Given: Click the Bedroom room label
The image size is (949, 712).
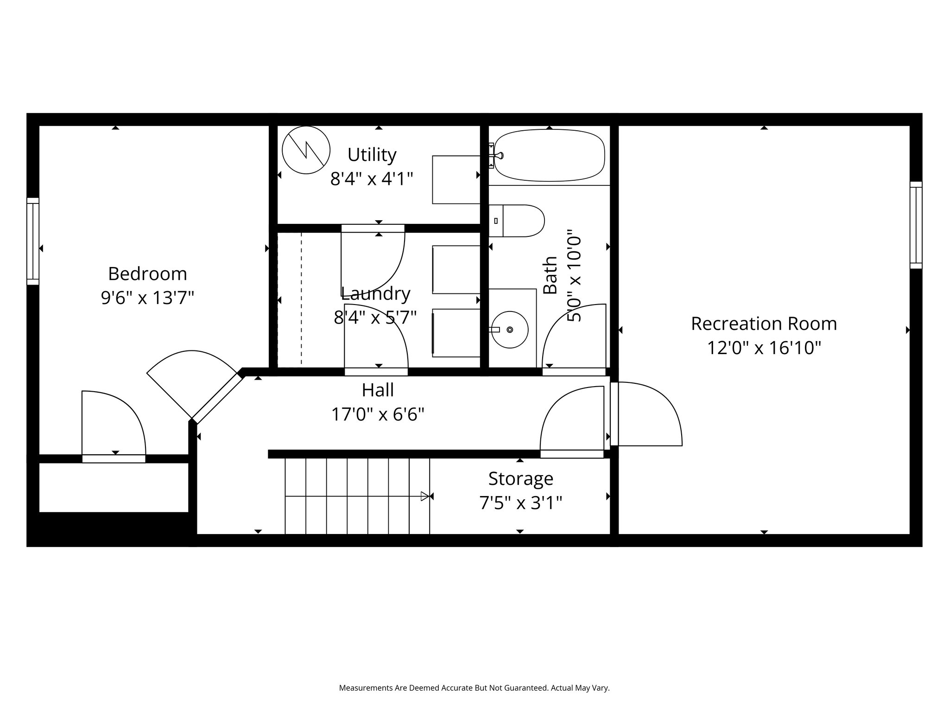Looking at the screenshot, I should [147, 274].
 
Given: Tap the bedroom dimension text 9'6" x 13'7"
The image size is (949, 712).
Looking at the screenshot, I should [147, 298].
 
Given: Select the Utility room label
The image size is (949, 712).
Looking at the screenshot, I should [372, 155].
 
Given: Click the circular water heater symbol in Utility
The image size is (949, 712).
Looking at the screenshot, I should [306, 150].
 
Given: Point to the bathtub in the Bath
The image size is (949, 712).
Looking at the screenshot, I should [549, 155].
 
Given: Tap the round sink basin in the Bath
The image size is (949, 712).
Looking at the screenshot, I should [510, 330].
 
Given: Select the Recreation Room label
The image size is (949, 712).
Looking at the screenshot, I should [764, 324].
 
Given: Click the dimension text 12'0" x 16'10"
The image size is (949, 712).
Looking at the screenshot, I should [764, 348].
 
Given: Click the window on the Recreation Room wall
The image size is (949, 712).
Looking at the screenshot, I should [916, 225].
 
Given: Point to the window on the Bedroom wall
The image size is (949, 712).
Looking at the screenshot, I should [33, 241].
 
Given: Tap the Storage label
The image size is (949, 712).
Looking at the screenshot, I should [520, 478].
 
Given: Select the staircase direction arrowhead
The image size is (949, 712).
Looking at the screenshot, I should [425, 496].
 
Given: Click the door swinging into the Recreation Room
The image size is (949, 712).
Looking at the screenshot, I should [649, 413].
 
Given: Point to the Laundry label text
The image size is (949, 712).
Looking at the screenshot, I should [375, 293].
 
